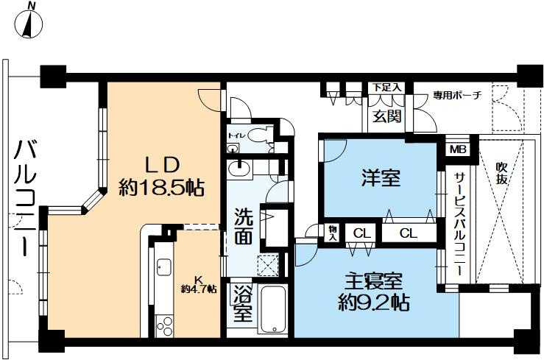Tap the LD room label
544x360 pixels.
coord(162,165)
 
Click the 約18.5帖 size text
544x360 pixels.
coord(161,188)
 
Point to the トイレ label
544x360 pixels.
coord(237,135)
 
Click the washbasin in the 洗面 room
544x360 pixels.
coord(239,169)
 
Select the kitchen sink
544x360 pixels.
coord(163,267)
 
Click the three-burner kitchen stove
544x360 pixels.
coord(164,325)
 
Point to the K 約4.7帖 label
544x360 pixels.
coord(199,285)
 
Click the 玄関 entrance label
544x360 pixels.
coord(387,116)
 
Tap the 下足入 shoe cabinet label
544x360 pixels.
coord(387,88)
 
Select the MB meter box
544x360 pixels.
coord(459,149)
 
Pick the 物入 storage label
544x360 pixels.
coord(333,233)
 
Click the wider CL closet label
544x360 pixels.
coord(409,233)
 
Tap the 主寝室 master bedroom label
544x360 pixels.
coord(373,281)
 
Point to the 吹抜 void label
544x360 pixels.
coord(501,174)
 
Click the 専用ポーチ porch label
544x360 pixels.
coord(457,95)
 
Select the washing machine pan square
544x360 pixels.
coord(268,265)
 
